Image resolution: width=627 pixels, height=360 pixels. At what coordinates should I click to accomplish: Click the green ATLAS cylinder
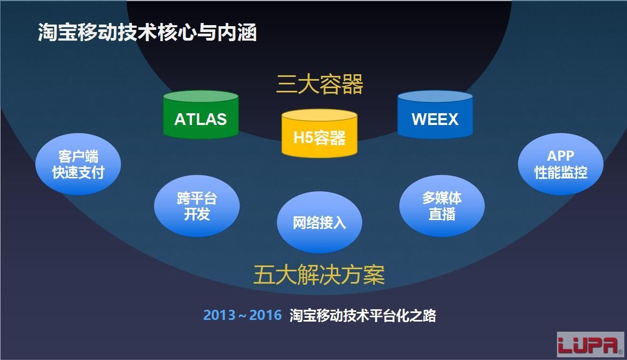(201, 115)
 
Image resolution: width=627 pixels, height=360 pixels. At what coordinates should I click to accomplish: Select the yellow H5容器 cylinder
(319, 133)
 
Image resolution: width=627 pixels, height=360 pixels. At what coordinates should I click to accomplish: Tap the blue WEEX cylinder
(435, 115)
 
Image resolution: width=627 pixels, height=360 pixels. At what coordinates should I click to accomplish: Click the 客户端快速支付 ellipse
(78, 164)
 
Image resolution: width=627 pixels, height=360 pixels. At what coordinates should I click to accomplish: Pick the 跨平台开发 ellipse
(197, 206)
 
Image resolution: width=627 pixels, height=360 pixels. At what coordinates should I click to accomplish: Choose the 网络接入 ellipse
(320, 223)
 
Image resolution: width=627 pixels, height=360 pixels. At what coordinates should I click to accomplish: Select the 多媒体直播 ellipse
(442, 206)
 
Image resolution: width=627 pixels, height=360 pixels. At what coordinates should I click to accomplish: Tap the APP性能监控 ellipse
(561, 164)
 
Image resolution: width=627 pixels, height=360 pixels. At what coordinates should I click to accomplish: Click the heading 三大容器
(320, 84)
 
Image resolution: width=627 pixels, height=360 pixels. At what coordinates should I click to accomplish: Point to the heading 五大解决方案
(319, 275)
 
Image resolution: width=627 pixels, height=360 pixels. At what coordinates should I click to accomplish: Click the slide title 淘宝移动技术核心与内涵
(147, 33)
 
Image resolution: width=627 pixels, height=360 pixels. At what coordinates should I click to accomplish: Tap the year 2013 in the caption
(220, 315)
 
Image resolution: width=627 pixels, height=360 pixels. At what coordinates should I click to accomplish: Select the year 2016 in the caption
(266, 315)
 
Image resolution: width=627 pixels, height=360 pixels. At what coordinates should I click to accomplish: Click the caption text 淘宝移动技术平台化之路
(363, 316)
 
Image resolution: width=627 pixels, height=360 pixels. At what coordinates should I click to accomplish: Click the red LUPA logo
(590, 344)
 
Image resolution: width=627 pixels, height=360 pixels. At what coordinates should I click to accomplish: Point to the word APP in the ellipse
(561, 156)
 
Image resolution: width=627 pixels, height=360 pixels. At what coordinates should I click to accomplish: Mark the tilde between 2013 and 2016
(243, 316)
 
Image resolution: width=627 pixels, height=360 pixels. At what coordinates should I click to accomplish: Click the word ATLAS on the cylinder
(201, 119)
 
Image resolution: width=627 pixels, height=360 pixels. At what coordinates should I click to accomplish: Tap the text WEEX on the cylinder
(435, 119)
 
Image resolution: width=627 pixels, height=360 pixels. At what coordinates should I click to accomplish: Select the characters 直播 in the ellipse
(442, 214)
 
